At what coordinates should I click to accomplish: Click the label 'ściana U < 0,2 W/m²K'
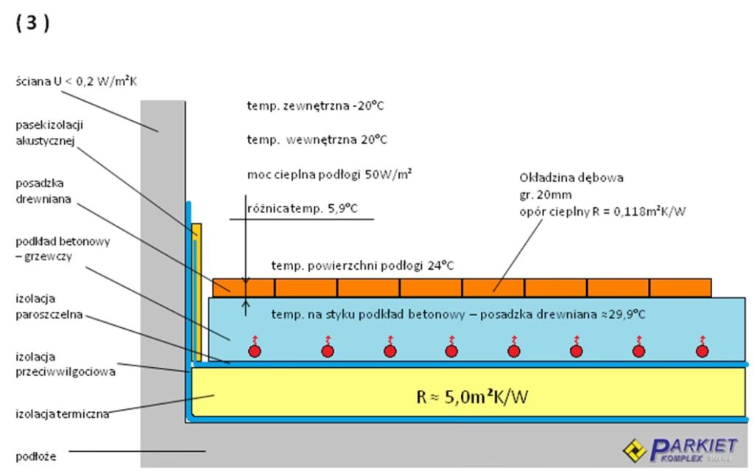(x=77, y=81)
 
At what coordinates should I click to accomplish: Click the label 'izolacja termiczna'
(x=63, y=414)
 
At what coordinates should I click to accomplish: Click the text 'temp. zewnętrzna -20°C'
(x=316, y=105)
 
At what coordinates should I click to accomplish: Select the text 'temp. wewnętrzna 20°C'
(x=317, y=139)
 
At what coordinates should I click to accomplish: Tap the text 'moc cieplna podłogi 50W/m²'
(x=329, y=174)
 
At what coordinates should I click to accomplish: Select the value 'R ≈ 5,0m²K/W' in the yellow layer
(x=472, y=397)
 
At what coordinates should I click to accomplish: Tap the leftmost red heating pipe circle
(x=255, y=351)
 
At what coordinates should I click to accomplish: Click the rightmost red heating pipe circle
(x=702, y=351)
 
